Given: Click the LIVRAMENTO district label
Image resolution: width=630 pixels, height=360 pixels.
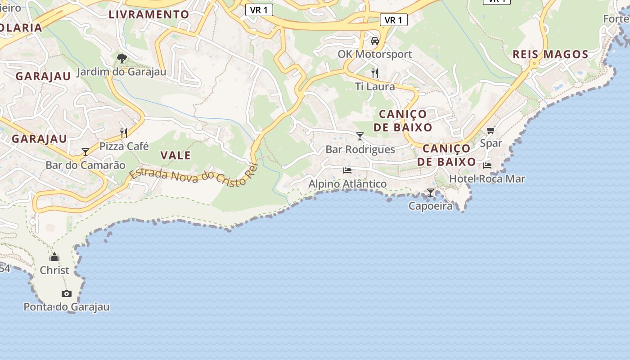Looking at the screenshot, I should pyautogui.click(x=149, y=14).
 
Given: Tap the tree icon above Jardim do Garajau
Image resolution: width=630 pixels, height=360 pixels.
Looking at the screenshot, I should pyautogui.click(x=121, y=58).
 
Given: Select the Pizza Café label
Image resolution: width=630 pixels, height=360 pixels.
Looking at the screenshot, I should pyautogui.click(x=124, y=146).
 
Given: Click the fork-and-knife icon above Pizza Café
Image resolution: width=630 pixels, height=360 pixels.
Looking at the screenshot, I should pyautogui.click(x=124, y=133).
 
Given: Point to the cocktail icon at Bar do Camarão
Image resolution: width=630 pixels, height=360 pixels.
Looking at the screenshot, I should pyautogui.click(x=85, y=152).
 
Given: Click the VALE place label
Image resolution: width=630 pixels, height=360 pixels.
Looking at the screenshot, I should pyautogui.click(x=175, y=155).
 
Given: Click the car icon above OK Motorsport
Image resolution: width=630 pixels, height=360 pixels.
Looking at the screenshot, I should pyautogui.click(x=375, y=41).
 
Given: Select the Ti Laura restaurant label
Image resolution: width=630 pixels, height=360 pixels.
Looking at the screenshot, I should pyautogui.click(x=375, y=86).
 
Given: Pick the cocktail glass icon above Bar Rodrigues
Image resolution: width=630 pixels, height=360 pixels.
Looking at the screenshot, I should pyautogui.click(x=360, y=136).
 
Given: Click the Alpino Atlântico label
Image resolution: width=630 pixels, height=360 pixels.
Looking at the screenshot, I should pyautogui.click(x=347, y=184).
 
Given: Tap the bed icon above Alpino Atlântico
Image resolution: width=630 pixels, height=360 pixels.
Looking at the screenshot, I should pyautogui.click(x=347, y=170).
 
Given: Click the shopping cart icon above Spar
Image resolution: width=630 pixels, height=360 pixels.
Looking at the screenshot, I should pyautogui.click(x=490, y=130).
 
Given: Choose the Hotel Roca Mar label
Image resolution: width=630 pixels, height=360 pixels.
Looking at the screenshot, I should pyautogui.click(x=487, y=179).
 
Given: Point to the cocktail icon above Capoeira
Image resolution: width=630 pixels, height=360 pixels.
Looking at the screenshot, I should pyautogui.click(x=431, y=193).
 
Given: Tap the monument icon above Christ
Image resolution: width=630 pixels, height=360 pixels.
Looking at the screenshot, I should pyautogui.click(x=54, y=257).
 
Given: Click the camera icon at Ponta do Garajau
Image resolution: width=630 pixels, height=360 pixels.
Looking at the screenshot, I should pyautogui.click(x=67, y=294).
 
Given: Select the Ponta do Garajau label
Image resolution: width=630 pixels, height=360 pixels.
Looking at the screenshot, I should pyautogui.click(x=67, y=307).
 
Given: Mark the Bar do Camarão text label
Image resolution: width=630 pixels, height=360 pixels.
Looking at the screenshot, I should pyautogui.click(x=85, y=165).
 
